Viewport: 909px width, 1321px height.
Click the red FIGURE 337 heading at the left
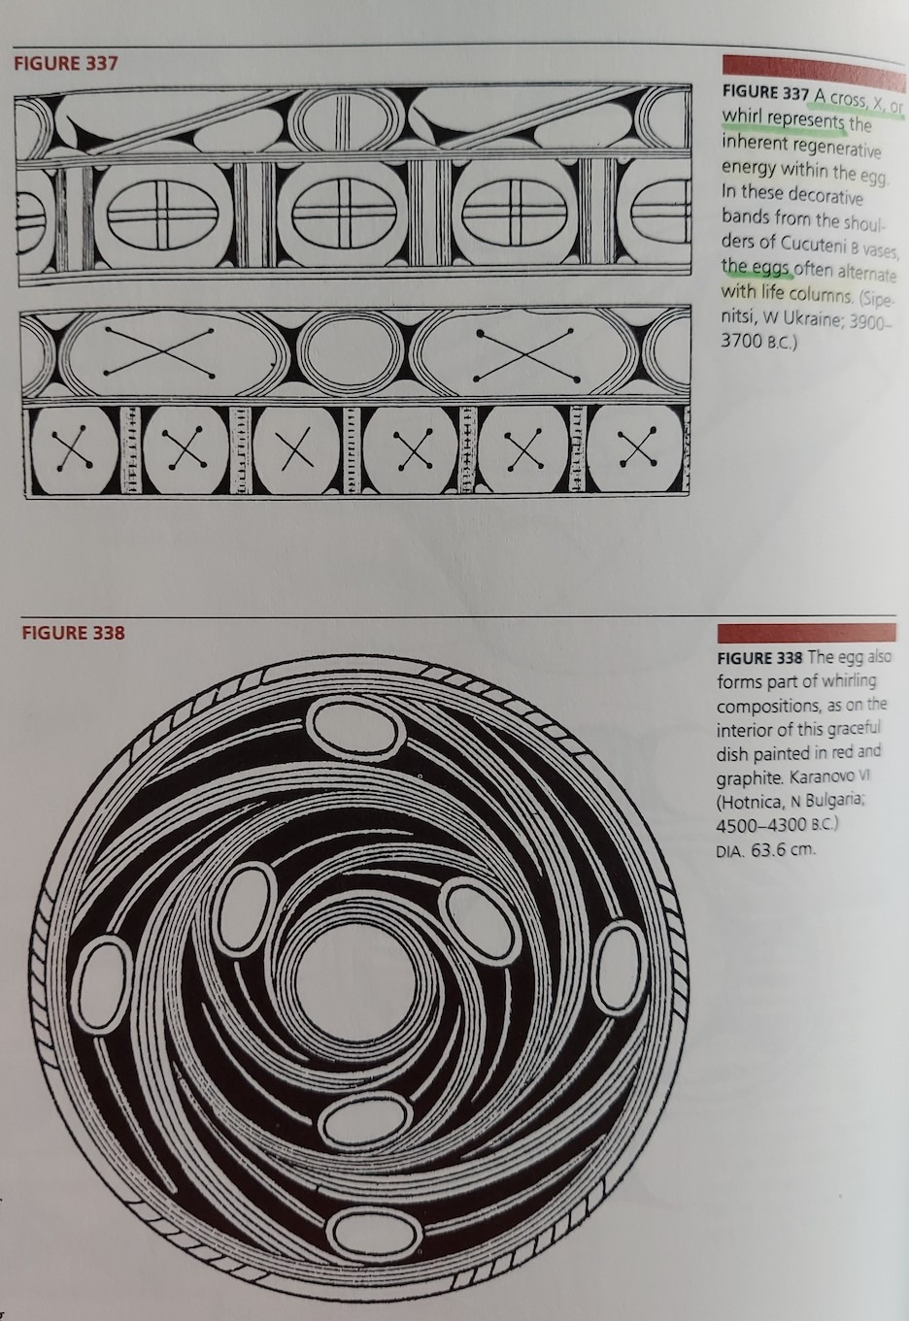(65, 63)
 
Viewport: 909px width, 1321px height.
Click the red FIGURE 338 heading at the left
(73, 633)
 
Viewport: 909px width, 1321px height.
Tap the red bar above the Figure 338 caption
(806, 633)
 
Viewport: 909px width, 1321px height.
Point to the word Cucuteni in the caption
(811, 244)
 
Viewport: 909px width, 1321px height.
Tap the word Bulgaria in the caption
(834, 802)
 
